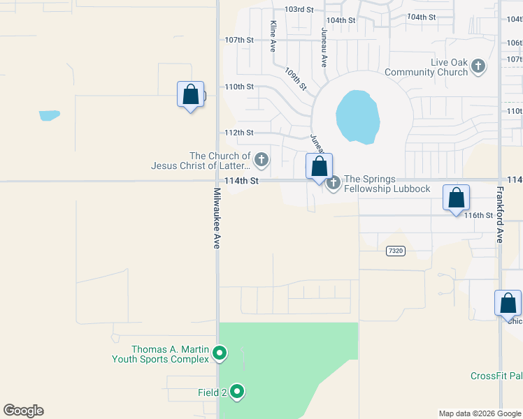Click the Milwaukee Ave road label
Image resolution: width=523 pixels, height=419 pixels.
click(217, 218)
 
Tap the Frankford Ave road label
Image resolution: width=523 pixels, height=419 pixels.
click(500, 214)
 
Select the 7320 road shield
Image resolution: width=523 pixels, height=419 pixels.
click(395, 250)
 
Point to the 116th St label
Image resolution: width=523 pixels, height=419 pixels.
click(479, 216)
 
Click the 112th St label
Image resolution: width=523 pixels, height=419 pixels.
click(238, 133)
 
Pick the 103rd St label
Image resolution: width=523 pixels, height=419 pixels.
click(299, 10)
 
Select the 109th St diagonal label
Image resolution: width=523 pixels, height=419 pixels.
click(296, 78)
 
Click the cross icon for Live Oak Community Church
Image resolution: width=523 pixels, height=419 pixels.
click(478, 67)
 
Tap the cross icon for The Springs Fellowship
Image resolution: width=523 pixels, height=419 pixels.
click(334, 183)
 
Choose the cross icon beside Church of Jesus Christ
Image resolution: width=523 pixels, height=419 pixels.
click(261, 161)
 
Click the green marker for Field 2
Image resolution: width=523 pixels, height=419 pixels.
click(237, 392)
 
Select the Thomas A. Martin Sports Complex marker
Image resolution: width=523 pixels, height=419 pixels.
click(220, 353)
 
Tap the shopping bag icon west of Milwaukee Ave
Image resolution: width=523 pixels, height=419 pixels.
click(191, 94)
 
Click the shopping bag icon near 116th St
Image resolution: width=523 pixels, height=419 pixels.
click(456, 198)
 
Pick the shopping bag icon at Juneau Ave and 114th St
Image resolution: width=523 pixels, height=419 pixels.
click(320, 167)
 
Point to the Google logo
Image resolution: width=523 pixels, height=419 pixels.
click(23, 411)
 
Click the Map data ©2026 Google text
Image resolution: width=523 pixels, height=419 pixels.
click(480, 413)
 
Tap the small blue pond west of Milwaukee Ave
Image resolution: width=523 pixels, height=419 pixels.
click(50, 115)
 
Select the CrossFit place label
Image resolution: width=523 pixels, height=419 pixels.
click(496, 376)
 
